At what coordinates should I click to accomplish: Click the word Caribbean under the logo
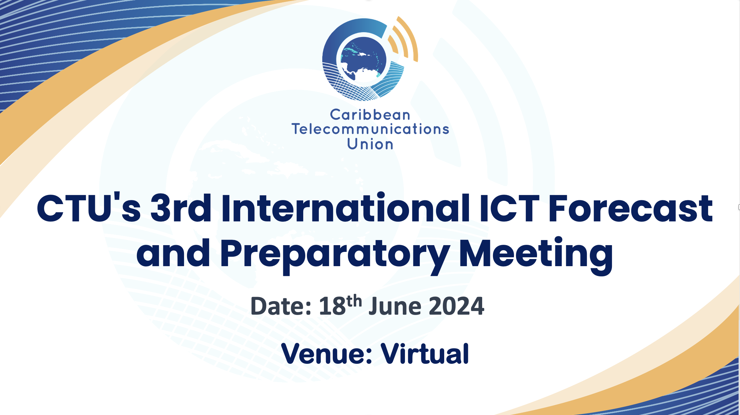tap(370, 115)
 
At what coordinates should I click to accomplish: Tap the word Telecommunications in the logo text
tap(370, 129)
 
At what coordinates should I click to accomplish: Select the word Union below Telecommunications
tap(370, 144)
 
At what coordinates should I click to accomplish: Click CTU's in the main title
tap(88, 208)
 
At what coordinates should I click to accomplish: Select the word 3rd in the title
tap(181, 208)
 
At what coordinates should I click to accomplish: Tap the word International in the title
tap(346, 208)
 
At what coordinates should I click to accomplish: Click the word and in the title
tap(173, 253)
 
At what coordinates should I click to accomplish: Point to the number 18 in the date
tap(332, 306)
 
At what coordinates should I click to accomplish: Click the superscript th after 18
tap(354, 301)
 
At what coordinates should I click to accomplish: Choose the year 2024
tap(456, 306)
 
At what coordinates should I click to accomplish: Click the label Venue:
tap(327, 354)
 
